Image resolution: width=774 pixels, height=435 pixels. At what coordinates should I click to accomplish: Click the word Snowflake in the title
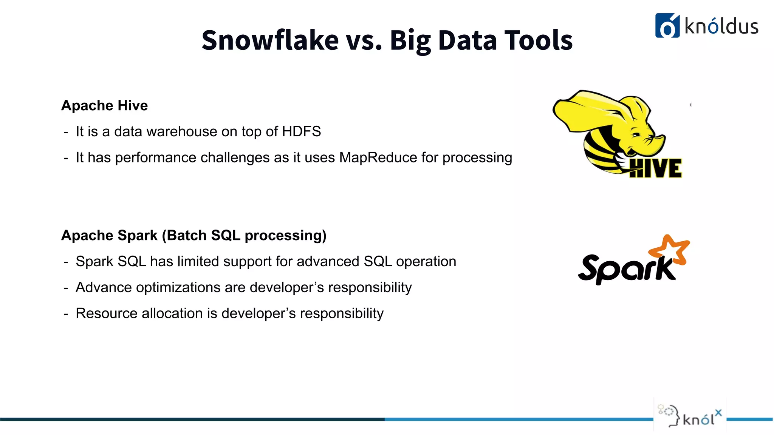click(x=270, y=40)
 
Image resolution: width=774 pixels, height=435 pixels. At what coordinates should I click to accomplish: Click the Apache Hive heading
click(x=104, y=105)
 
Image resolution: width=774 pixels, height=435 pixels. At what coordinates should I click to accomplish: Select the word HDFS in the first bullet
click(x=301, y=131)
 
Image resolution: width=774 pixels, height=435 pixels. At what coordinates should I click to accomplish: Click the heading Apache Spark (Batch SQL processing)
click(x=193, y=235)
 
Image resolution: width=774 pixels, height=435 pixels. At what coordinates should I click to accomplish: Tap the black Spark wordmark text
click(x=625, y=269)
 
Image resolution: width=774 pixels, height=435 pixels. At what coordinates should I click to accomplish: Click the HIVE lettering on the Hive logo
click(x=656, y=168)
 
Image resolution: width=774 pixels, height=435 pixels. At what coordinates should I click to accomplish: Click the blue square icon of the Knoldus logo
click(x=667, y=26)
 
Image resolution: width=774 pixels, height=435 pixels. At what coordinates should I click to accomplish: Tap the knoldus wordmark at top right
click(x=721, y=26)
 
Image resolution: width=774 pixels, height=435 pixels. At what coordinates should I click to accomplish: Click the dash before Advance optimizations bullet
click(x=66, y=288)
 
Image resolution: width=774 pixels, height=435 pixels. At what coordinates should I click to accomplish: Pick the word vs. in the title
click(x=364, y=40)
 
